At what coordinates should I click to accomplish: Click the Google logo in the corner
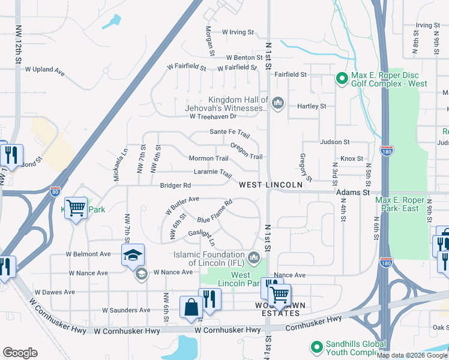pyautogui.click(x=20, y=353)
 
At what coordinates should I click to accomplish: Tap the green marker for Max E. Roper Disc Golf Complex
pyautogui.click(x=342, y=78)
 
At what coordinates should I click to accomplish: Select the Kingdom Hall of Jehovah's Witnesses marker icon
pyautogui.click(x=277, y=104)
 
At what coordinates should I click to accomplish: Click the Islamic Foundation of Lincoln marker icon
pyautogui.click(x=254, y=258)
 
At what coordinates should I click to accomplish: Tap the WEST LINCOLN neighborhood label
pyautogui.click(x=270, y=185)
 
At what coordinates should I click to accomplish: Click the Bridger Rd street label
pyautogui.click(x=175, y=185)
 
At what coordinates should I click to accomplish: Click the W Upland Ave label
pyautogui.click(x=44, y=70)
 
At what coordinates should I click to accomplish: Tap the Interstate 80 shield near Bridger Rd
pyautogui.click(x=55, y=191)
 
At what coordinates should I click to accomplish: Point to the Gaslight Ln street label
pyautogui.click(x=201, y=238)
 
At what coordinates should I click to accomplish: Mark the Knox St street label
pyautogui.click(x=352, y=158)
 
